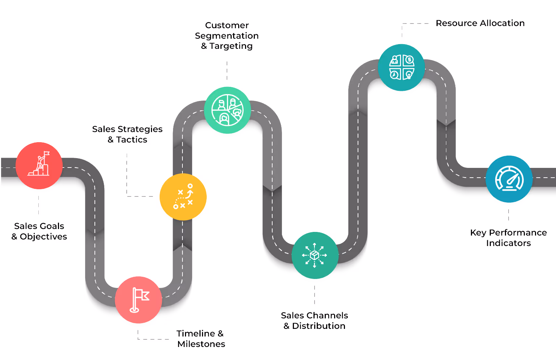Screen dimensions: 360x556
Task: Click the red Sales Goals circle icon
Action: click(39, 165)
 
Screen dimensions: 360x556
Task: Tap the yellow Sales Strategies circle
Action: click(183, 197)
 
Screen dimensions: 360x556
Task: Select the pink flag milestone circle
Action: click(138, 300)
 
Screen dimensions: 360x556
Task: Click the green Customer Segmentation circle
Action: click(227, 110)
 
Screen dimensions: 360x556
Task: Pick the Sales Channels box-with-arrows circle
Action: click(315, 255)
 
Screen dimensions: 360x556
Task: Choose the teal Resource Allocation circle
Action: click(401, 67)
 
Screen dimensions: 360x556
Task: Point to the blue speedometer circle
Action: click(509, 179)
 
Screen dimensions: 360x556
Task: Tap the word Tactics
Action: click(132, 140)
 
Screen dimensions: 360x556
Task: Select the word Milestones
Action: click(201, 344)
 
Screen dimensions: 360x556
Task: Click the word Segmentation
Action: click(227, 36)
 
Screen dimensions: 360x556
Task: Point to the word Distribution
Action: click(319, 326)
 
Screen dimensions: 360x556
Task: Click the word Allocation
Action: click(503, 23)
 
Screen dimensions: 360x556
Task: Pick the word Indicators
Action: click(508, 243)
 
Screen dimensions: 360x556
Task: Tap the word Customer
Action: click(227, 25)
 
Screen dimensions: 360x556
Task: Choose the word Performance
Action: click(518, 233)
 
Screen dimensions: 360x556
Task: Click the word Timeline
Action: click(195, 334)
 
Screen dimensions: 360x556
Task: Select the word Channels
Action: click(327, 315)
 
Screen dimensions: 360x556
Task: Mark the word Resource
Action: click(456, 23)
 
